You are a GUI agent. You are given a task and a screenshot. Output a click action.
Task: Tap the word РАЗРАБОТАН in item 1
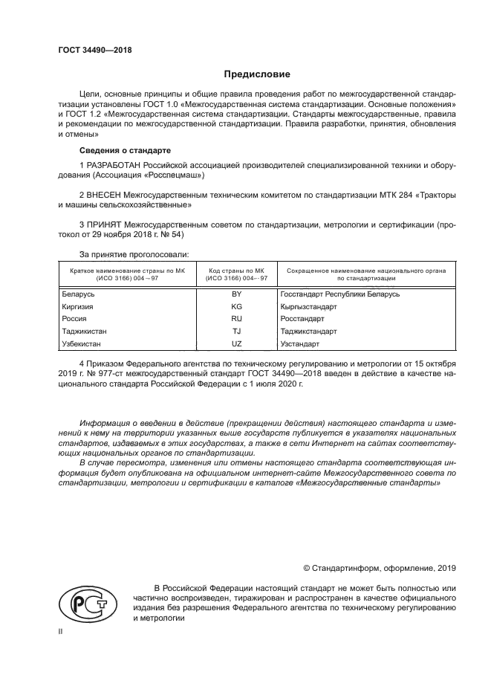114,164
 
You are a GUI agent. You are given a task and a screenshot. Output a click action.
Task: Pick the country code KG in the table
237,306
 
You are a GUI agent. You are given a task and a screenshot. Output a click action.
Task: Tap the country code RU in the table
237,319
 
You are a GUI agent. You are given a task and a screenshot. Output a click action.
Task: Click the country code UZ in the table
237,344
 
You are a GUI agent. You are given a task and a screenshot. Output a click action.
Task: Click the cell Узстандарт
300,344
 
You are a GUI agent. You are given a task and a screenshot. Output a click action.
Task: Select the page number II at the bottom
61,633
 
